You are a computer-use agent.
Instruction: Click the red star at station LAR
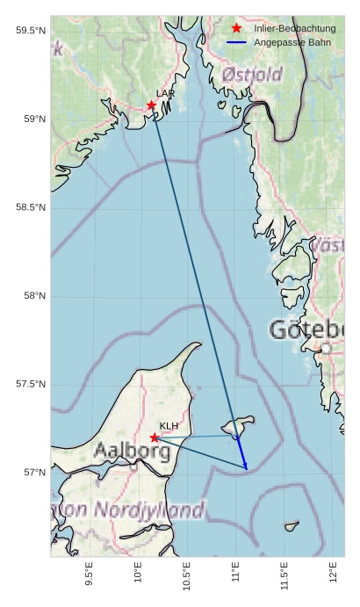coord(151,105)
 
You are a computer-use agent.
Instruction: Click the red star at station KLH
coord(155,437)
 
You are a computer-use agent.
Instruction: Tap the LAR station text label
coord(165,93)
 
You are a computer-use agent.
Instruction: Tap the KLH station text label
coord(169,426)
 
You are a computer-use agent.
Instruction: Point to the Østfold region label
coord(252,75)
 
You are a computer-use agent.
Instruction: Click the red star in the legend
coord(236,29)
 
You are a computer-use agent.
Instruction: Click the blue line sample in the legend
coord(236,42)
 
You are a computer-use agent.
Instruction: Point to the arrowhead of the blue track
coord(246,467)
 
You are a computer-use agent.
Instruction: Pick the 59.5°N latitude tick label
coord(31,31)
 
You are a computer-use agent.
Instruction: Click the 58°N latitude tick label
coord(36,296)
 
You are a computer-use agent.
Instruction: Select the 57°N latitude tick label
coord(36,473)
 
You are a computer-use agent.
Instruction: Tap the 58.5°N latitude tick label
coord(31,207)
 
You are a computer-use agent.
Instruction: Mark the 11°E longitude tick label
coord(235,571)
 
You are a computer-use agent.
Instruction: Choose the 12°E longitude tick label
coord(333,571)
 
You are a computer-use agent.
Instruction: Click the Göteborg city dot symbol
coord(326,349)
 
